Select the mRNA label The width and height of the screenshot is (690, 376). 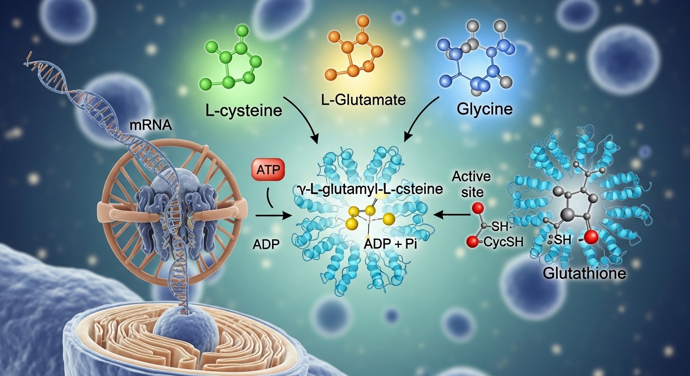(x=150, y=125)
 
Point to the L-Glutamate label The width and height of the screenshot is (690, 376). (x=364, y=100)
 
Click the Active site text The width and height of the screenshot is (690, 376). (x=471, y=183)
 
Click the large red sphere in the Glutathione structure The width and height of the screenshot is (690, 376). (x=591, y=237)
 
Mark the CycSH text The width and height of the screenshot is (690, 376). (x=502, y=242)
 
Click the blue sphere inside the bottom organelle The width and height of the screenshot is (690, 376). (x=180, y=329)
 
